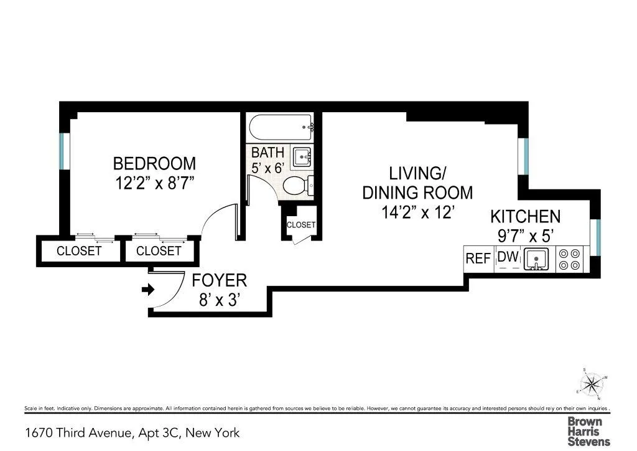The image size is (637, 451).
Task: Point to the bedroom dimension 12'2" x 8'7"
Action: [154, 184]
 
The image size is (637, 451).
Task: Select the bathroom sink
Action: [302, 156]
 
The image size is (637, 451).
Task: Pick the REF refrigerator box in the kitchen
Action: [478, 259]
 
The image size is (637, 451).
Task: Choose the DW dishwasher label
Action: [508, 257]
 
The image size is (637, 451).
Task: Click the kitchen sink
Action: [535, 259]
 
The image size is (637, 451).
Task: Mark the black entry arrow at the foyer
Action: [148, 289]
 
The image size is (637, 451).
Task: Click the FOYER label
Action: [219, 280]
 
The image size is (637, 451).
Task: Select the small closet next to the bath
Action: [301, 225]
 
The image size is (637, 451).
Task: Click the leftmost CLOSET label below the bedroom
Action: [79, 251]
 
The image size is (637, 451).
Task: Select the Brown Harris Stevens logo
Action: [588, 430]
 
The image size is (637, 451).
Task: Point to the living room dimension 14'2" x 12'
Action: [417, 212]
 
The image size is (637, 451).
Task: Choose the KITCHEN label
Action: [526, 217]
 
